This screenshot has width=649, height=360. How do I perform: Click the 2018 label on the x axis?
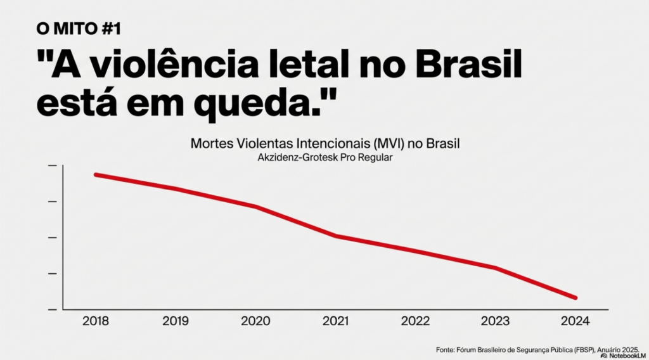(96, 321)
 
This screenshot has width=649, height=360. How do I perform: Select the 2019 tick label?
(176, 321)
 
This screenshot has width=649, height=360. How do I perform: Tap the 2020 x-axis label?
(255, 321)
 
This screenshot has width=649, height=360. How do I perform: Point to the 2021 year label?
(336, 321)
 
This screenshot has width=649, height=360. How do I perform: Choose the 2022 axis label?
(416, 321)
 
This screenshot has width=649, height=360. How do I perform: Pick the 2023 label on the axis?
(496, 321)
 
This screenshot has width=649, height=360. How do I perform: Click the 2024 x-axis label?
(575, 321)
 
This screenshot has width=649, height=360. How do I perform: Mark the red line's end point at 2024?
(575, 297)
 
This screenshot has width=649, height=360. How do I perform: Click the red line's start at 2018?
(96, 174)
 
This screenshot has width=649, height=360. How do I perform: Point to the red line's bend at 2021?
(336, 236)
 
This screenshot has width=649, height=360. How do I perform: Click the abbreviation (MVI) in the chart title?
(394, 144)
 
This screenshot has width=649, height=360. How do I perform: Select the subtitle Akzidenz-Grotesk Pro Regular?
(324, 158)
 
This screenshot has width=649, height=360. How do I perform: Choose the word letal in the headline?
(314, 67)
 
